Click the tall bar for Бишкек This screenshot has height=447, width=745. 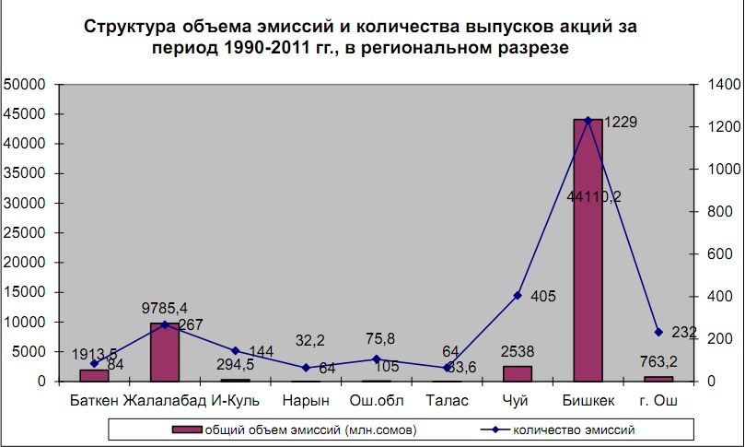[588, 249]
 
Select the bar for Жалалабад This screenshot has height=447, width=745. [164, 352]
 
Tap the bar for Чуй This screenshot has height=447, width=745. [518, 373]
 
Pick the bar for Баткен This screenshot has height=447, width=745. [94, 375]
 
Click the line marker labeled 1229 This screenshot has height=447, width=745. [588, 120]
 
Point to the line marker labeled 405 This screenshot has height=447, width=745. [518, 295]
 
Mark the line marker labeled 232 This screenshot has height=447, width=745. [658, 332]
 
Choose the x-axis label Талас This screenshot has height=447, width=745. [447, 401]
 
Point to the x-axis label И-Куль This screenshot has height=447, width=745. [235, 401]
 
